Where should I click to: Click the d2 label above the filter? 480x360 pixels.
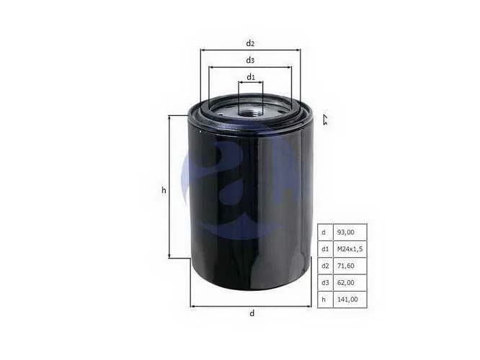(250, 43)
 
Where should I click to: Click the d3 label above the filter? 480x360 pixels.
(250, 60)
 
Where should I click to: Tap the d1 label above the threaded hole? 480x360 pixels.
(251, 77)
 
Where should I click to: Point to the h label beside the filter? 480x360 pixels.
(164, 190)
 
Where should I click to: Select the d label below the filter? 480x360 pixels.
(252, 313)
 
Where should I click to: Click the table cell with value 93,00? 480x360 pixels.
(350, 232)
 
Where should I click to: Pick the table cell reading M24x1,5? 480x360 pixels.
(350, 249)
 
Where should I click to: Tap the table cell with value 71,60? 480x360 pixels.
(350, 266)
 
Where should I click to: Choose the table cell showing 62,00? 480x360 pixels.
(350, 283)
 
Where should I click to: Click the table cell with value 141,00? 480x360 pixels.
(350, 299)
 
